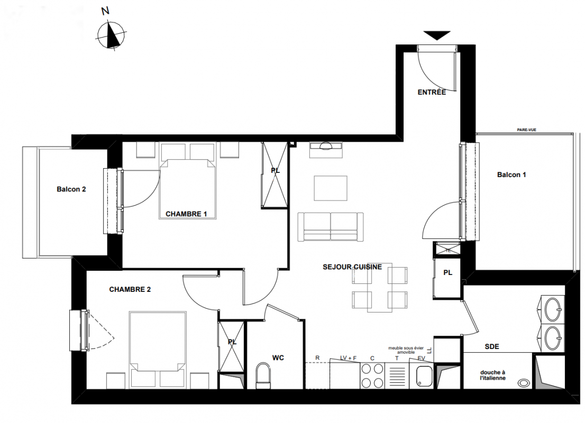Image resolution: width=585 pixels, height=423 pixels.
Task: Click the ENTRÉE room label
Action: (x=432, y=92)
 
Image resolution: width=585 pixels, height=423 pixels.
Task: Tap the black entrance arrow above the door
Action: (x=437, y=35)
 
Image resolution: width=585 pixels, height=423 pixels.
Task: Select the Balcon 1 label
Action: (x=511, y=174)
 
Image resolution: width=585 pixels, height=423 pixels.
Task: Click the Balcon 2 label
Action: (x=71, y=189)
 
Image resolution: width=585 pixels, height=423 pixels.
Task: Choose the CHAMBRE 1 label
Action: (x=186, y=214)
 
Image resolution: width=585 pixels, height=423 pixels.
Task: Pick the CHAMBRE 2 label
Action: (x=130, y=289)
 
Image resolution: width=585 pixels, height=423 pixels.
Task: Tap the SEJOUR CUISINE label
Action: (x=352, y=267)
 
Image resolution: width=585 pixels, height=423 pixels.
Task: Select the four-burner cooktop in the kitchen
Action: (x=372, y=376)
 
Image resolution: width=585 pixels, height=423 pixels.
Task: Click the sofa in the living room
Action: (x=331, y=227)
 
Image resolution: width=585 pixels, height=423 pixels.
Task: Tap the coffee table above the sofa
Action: (x=331, y=188)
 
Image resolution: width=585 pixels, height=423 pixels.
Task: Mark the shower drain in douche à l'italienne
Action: (x=524, y=382)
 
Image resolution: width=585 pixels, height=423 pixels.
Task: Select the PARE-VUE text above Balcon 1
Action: (x=526, y=130)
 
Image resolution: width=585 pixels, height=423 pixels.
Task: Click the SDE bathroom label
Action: (x=492, y=346)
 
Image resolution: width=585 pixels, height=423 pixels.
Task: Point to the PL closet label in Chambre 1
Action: (x=276, y=170)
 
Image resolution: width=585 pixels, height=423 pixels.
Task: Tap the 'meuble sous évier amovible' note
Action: (x=406, y=350)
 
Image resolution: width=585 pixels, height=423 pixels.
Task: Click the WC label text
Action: (x=278, y=358)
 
